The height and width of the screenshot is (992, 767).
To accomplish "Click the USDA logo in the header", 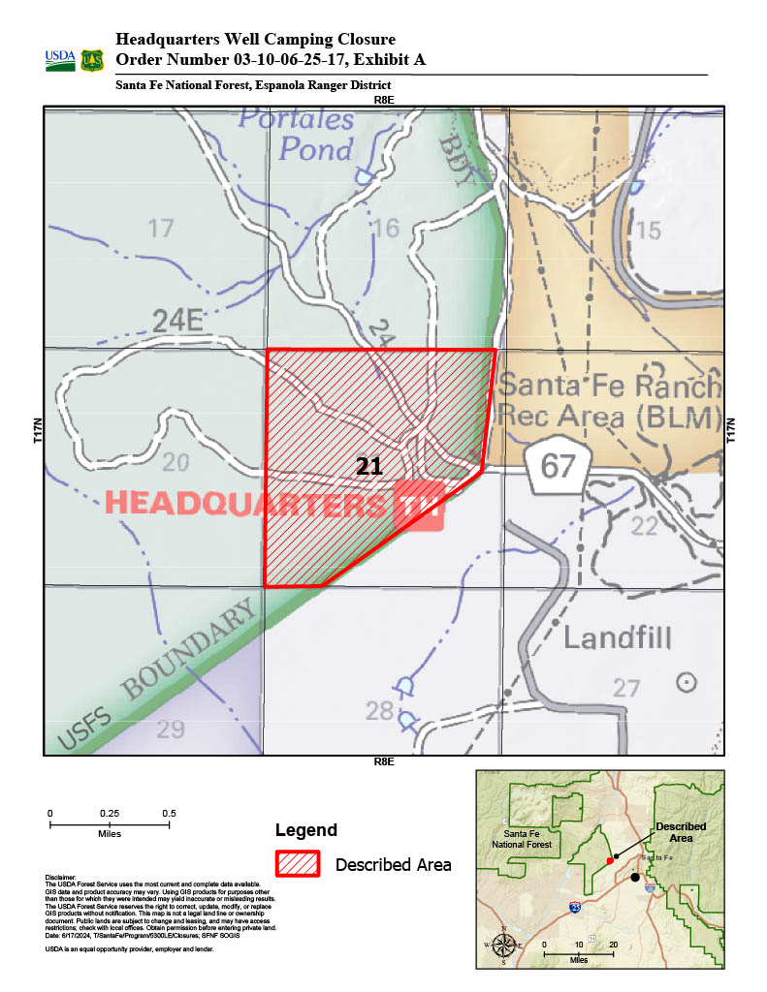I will tap(59, 60).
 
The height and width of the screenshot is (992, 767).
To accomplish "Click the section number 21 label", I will tap(368, 466).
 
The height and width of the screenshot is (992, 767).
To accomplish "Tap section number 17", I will tap(160, 229).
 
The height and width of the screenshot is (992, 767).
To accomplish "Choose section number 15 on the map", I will tap(648, 230).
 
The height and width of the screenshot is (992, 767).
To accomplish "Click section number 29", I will tap(170, 728).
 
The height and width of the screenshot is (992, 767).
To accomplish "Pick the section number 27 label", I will tap(626, 688).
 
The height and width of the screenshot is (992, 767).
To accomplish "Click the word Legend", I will tap(306, 830).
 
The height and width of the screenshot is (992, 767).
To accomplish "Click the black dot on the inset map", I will tap(635, 877).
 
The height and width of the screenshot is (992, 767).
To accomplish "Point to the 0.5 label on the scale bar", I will tap(169, 813).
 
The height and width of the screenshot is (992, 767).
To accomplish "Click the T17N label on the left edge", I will tap(37, 431).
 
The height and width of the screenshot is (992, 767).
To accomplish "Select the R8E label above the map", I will tap(383, 100).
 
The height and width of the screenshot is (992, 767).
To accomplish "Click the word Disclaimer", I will tap(60, 877).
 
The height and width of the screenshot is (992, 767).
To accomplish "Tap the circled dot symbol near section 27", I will tap(687, 682).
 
